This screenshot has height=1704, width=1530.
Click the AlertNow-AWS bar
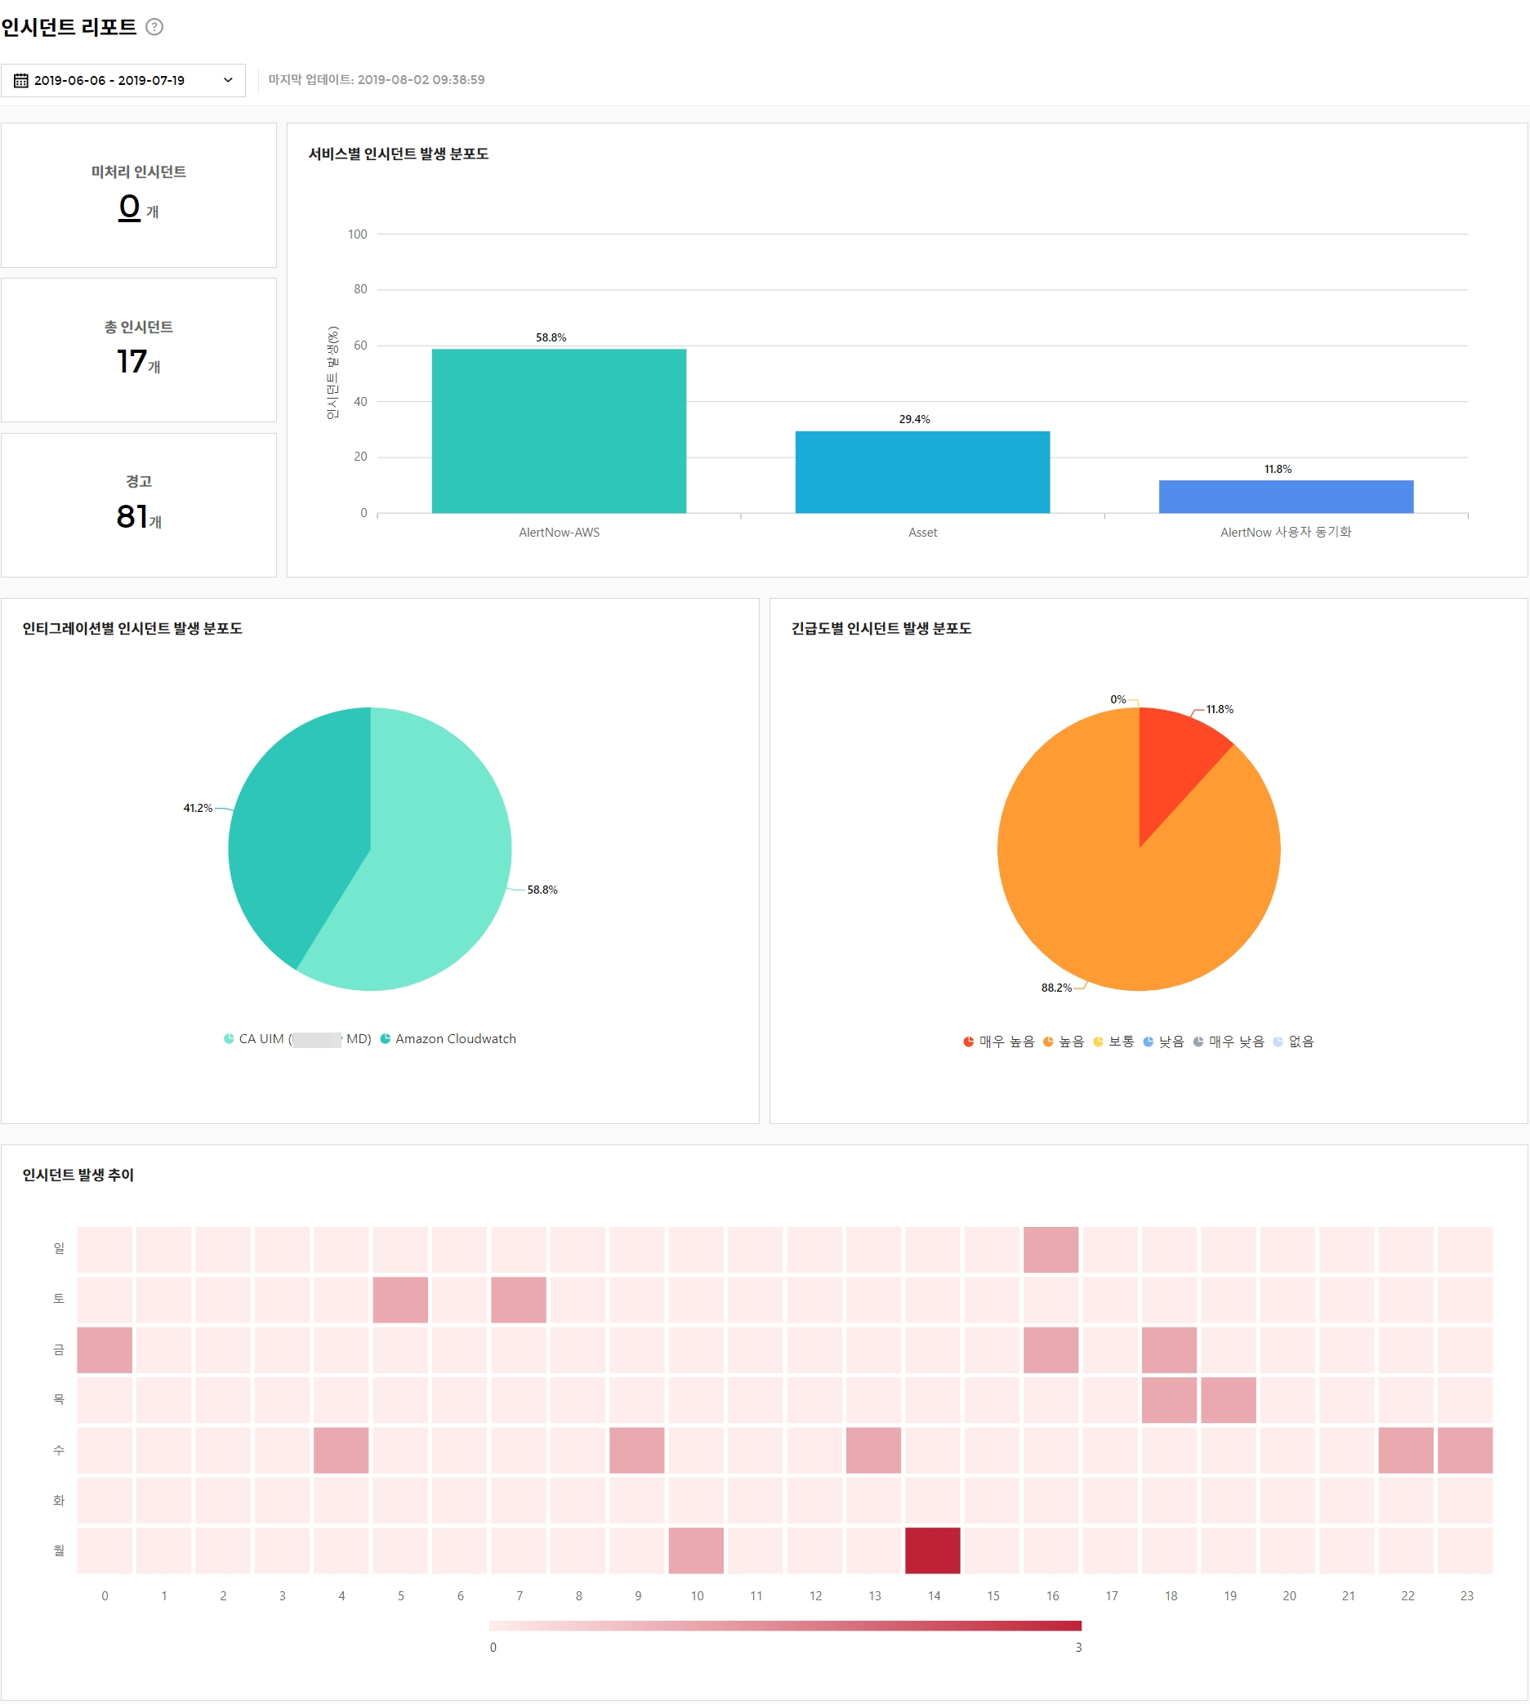click(559, 430)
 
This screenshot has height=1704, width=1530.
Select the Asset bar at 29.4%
click(922, 471)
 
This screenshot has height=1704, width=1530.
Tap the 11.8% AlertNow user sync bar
click(1286, 496)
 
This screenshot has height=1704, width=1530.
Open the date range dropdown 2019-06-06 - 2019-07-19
click(123, 81)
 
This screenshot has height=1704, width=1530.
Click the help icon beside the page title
click(154, 27)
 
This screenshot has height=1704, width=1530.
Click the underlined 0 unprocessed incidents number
click(129, 207)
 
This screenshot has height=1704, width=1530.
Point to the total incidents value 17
click(132, 362)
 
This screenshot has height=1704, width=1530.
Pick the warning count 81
click(132, 516)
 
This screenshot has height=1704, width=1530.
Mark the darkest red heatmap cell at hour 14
click(932, 1550)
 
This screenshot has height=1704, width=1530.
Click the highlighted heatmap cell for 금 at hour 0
click(105, 1349)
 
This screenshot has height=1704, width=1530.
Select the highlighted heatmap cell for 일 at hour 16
click(1050, 1249)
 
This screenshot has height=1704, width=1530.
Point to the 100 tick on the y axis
click(357, 234)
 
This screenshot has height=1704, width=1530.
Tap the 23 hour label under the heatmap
click(1466, 1595)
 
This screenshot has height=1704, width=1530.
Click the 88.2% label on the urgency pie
click(1056, 988)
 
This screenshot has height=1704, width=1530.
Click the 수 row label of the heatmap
click(59, 1450)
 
